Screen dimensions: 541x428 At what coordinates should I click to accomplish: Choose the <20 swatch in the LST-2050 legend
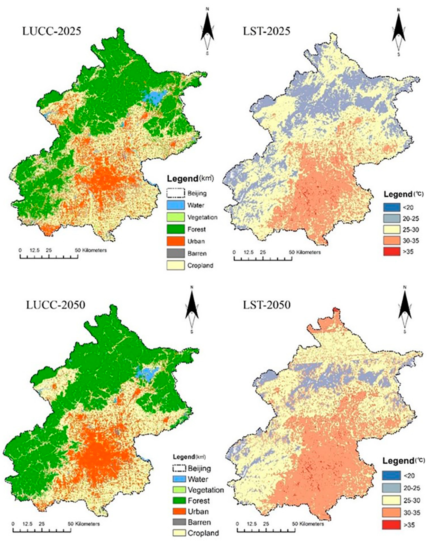[x=391, y=476]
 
